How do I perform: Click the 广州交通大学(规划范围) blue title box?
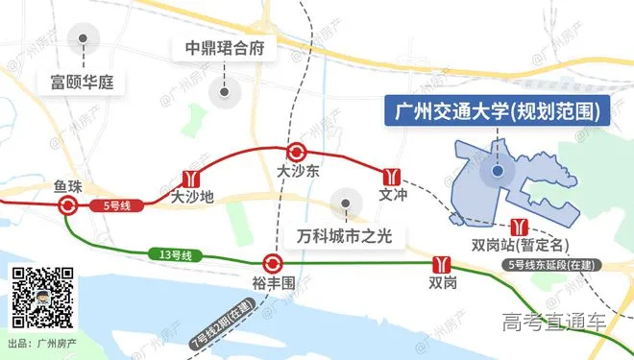[498, 111]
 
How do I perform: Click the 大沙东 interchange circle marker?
[296, 151]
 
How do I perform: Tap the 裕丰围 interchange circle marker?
[272, 262]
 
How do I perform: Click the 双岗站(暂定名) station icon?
[520, 227]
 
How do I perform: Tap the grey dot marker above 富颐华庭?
[85, 40]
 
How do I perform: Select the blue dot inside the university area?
[498, 172]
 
